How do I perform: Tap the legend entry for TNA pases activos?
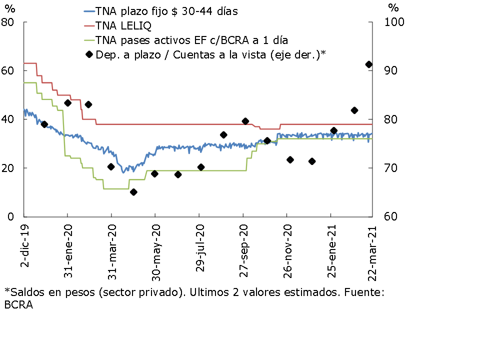click(192, 39)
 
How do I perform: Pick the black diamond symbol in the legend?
click(89, 54)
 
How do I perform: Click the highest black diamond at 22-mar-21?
click(369, 64)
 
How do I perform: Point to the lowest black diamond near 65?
click(133, 192)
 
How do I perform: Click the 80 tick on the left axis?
click(9, 22)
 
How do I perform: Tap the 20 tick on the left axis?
click(9, 168)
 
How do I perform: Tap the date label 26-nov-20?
click(287, 248)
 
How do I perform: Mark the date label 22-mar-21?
click(372, 248)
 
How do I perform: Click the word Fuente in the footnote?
click(363, 292)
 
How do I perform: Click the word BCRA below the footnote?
click(18, 305)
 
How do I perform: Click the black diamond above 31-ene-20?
click(67, 103)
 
